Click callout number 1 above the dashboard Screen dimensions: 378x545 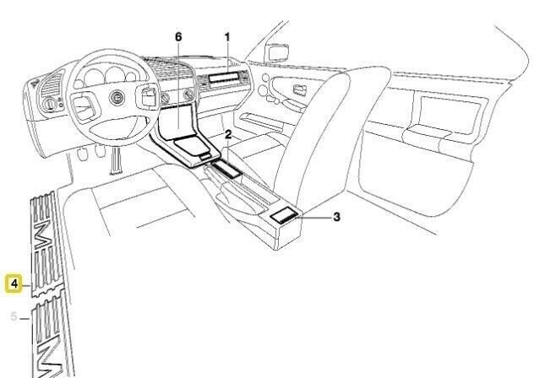(227, 37)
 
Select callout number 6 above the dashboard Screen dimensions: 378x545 (178, 37)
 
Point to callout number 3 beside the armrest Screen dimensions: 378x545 (336, 217)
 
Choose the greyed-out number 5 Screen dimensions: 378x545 (14, 317)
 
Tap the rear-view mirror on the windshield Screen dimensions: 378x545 (277, 52)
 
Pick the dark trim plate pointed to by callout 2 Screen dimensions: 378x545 (226, 168)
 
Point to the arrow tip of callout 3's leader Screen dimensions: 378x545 (298, 217)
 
